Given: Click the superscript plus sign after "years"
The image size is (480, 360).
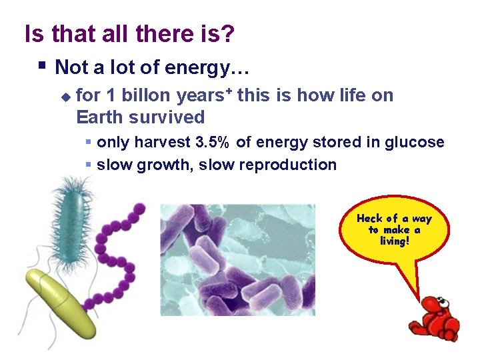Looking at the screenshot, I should coord(229,91).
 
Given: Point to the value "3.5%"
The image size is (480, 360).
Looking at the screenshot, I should coord(215,142).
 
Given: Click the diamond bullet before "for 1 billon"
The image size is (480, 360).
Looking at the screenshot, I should coord(65,97).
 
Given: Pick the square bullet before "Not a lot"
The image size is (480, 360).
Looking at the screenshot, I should coord(42,66).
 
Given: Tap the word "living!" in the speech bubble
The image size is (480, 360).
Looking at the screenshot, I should coord(394,241).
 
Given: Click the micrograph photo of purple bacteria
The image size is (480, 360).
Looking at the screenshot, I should coord(237,259).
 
